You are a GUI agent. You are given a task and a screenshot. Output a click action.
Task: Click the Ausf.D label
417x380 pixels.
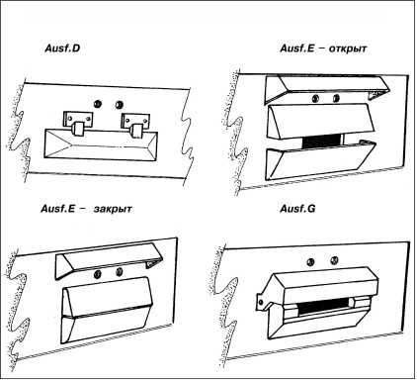[x=62, y=48]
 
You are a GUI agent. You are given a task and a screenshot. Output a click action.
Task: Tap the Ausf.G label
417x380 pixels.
[x=297, y=209]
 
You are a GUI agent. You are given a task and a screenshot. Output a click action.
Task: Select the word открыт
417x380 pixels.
[x=348, y=48]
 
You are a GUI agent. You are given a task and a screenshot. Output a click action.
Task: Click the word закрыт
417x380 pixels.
[x=113, y=209]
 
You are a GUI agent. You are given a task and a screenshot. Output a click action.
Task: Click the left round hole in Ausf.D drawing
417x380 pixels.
[x=97, y=103]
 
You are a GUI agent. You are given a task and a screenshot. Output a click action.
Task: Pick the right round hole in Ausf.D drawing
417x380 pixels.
[x=119, y=105]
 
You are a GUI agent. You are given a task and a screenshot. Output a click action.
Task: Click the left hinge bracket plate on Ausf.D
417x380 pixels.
[x=78, y=119]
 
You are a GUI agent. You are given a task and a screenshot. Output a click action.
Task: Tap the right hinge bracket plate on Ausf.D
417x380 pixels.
[x=135, y=121]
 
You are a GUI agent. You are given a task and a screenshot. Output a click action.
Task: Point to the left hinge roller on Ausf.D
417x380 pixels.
[x=78, y=129]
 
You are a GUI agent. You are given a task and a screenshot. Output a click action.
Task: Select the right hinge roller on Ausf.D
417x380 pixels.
[x=135, y=131]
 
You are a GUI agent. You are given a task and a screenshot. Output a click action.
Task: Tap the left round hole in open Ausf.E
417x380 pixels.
[x=315, y=98]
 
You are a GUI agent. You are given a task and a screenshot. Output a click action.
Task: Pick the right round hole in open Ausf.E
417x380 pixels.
[x=336, y=98]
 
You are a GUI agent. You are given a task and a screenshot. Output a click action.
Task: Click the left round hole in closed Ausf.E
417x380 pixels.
[x=98, y=274]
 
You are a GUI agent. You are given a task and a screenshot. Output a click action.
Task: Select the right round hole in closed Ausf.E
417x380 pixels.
[x=120, y=272]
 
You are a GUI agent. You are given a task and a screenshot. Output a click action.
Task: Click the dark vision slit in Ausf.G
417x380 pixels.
[x=322, y=306]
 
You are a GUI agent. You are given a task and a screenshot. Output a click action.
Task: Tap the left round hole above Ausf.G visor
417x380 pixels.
[x=310, y=262]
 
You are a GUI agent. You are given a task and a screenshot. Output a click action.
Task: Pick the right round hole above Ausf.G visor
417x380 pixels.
[x=334, y=260]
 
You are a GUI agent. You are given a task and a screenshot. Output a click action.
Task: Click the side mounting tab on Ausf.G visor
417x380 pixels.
[x=262, y=301]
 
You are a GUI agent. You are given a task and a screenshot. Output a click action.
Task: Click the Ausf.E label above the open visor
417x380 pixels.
[x=297, y=48]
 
